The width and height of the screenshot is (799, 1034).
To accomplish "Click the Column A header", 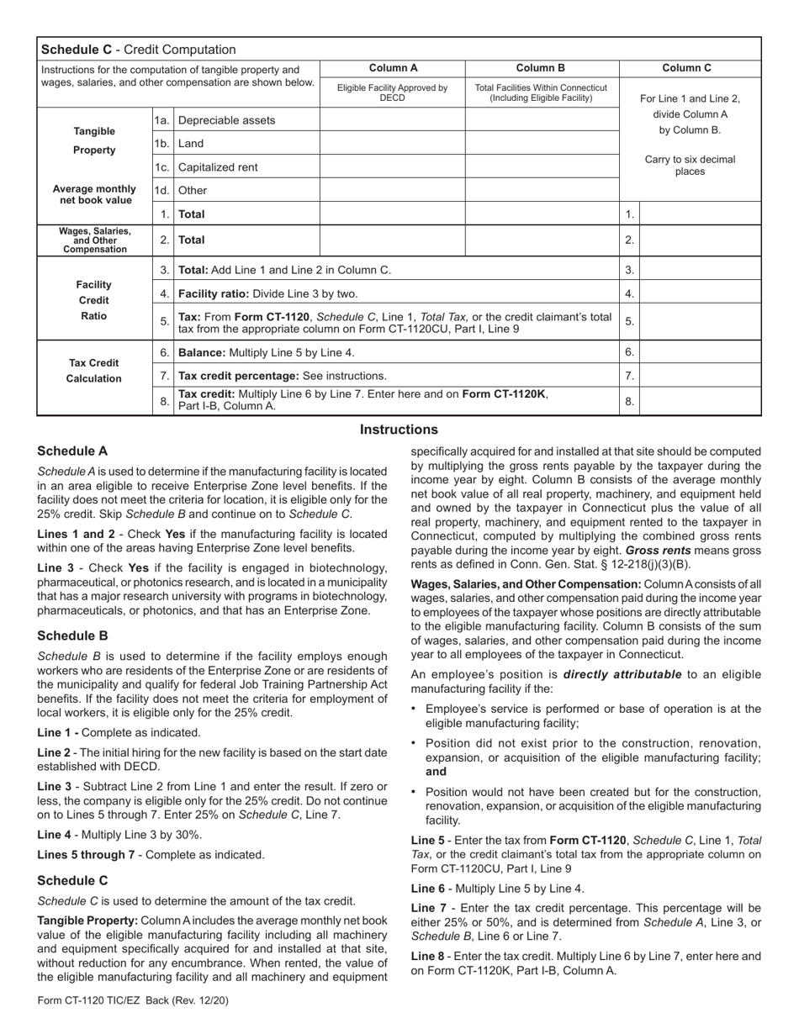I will (x=392, y=68).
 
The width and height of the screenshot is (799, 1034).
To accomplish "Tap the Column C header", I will (x=690, y=68).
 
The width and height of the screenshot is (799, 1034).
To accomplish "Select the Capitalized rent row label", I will (x=218, y=167).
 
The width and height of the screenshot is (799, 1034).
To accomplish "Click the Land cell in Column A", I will (x=392, y=144).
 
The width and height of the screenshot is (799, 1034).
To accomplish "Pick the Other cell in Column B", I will (x=542, y=191).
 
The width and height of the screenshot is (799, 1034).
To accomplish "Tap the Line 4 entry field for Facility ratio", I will (x=700, y=293).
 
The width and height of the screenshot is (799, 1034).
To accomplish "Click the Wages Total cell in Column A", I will (x=392, y=240).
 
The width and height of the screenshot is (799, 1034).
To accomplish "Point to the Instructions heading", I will (x=399, y=430).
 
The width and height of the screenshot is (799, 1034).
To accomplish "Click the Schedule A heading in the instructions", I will (x=72, y=451).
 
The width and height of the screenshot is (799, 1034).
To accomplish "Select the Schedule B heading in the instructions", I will (x=72, y=636).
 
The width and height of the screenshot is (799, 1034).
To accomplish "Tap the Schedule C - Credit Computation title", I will (x=139, y=50).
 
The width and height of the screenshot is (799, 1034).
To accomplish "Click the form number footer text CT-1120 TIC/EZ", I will (x=133, y=1000).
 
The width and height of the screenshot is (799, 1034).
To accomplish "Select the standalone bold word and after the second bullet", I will (x=436, y=771).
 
